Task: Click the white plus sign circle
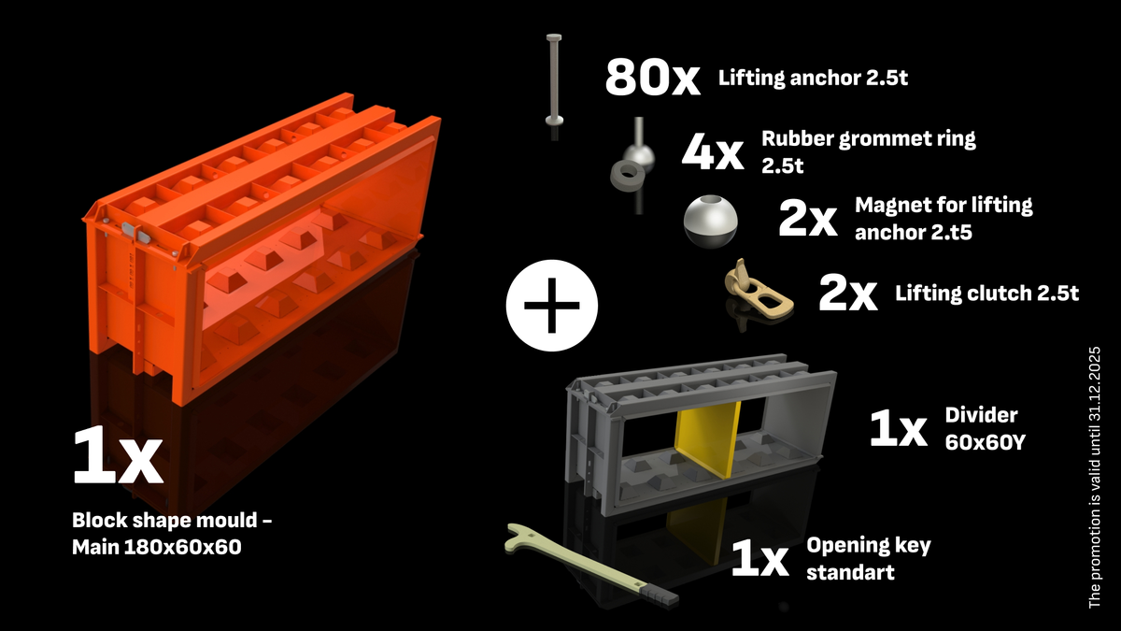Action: pyautogui.click(x=551, y=306)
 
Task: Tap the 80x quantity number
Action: pyautogui.click(x=652, y=77)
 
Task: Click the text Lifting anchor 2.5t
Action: pyautogui.click(x=814, y=79)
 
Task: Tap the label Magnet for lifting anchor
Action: pyautogui.click(x=944, y=218)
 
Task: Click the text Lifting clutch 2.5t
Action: pyautogui.click(x=987, y=294)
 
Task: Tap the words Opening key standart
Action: pyautogui.click(x=869, y=557)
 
